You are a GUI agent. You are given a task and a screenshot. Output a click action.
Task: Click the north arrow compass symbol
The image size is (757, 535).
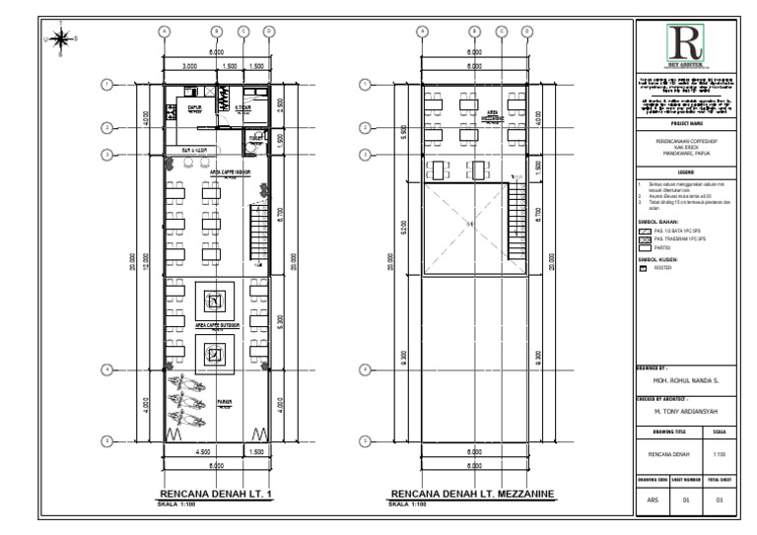tap(61, 39)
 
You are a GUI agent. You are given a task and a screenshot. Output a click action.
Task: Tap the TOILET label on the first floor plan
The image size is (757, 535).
tap(254, 137)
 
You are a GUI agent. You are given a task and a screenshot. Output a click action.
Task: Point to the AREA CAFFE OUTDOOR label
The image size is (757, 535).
tap(215, 323)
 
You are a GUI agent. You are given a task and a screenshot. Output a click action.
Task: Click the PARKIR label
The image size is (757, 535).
tap(224, 402)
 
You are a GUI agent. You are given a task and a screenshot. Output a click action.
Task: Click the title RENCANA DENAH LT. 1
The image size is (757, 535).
tap(215, 494)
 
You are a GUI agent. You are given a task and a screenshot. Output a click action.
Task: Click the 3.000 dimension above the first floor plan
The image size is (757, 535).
tap(189, 65)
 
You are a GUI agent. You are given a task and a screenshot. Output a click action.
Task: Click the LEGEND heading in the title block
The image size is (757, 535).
tap(683, 171)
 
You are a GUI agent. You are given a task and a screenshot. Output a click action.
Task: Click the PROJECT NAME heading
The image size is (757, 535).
tap(683, 125)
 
